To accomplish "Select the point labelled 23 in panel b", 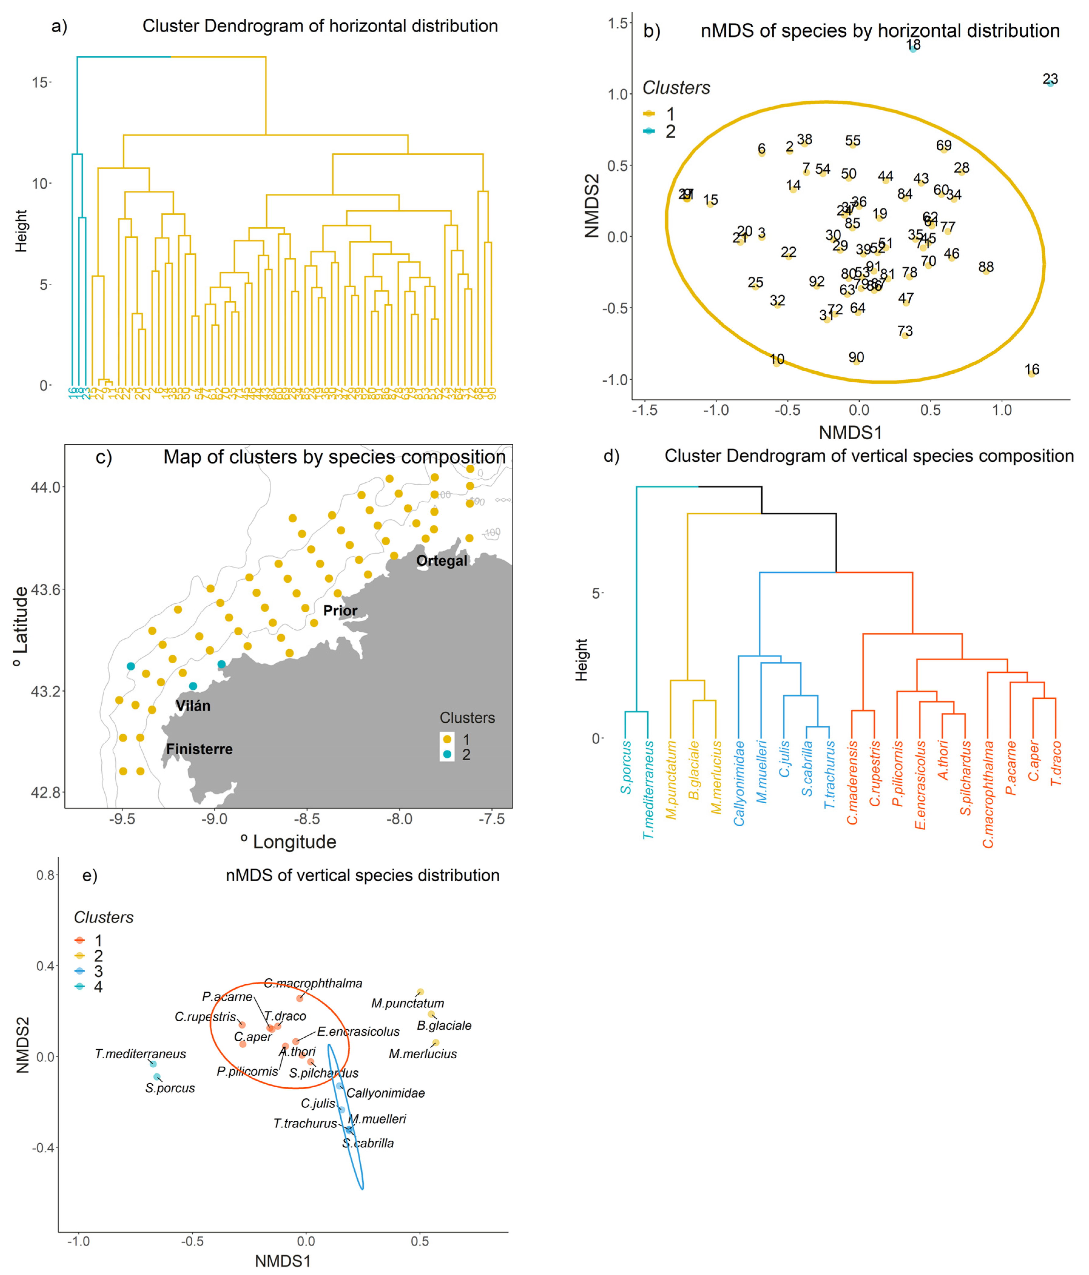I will (1050, 82).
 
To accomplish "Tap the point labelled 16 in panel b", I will (1032, 373).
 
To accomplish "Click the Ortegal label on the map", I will (441, 561).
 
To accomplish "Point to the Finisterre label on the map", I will (200, 749).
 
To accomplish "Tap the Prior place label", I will (340, 611).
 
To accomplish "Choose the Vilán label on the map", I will (193, 706).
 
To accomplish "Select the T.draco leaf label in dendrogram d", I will (1056, 763).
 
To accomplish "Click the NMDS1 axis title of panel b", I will (850, 433).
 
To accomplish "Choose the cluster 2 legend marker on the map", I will (447, 755).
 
